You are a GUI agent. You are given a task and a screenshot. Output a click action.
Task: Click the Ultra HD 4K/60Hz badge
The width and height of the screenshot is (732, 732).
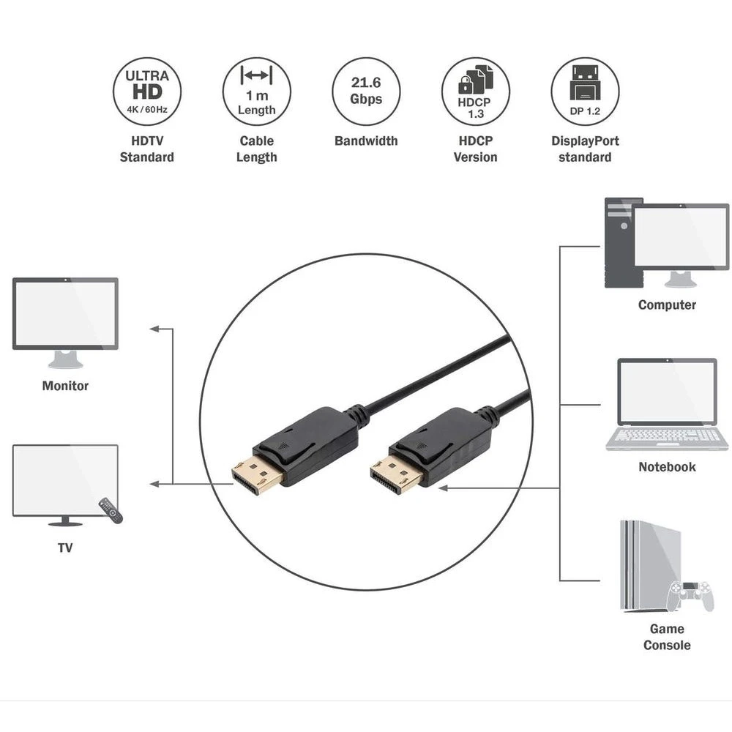(147, 91)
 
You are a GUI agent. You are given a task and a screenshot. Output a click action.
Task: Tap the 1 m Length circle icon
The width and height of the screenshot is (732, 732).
(257, 91)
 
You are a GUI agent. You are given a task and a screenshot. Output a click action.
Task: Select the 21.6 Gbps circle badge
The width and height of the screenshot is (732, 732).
(367, 91)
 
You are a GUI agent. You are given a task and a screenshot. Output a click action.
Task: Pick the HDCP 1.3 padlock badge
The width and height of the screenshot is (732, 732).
(476, 91)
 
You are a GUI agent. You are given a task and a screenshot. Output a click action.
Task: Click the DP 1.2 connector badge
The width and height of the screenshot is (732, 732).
(586, 91)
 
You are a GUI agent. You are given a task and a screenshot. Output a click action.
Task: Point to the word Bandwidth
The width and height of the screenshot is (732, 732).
(367, 141)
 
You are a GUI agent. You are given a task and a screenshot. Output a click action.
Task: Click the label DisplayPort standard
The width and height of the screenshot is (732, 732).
(586, 149)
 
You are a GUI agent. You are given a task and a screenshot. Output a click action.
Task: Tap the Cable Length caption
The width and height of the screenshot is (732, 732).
(257, 149)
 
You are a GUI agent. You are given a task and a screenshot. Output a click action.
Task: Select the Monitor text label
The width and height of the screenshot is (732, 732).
(65, 386)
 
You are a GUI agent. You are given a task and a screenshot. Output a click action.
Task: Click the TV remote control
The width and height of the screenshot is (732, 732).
(111, 509)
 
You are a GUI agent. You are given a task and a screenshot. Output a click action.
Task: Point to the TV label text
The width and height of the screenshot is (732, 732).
(65, 547)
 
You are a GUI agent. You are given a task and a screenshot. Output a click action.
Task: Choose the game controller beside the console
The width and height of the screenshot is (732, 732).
(690, 596)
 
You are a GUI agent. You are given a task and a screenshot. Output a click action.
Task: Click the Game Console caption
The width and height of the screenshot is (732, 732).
(667, 637)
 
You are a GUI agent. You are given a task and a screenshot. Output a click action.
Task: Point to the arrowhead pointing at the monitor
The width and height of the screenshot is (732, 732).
(155, 329)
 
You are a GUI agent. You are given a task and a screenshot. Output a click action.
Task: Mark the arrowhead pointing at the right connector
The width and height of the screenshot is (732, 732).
(444, 488)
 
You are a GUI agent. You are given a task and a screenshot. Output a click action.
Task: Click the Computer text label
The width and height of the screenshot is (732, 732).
(667, 305)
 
